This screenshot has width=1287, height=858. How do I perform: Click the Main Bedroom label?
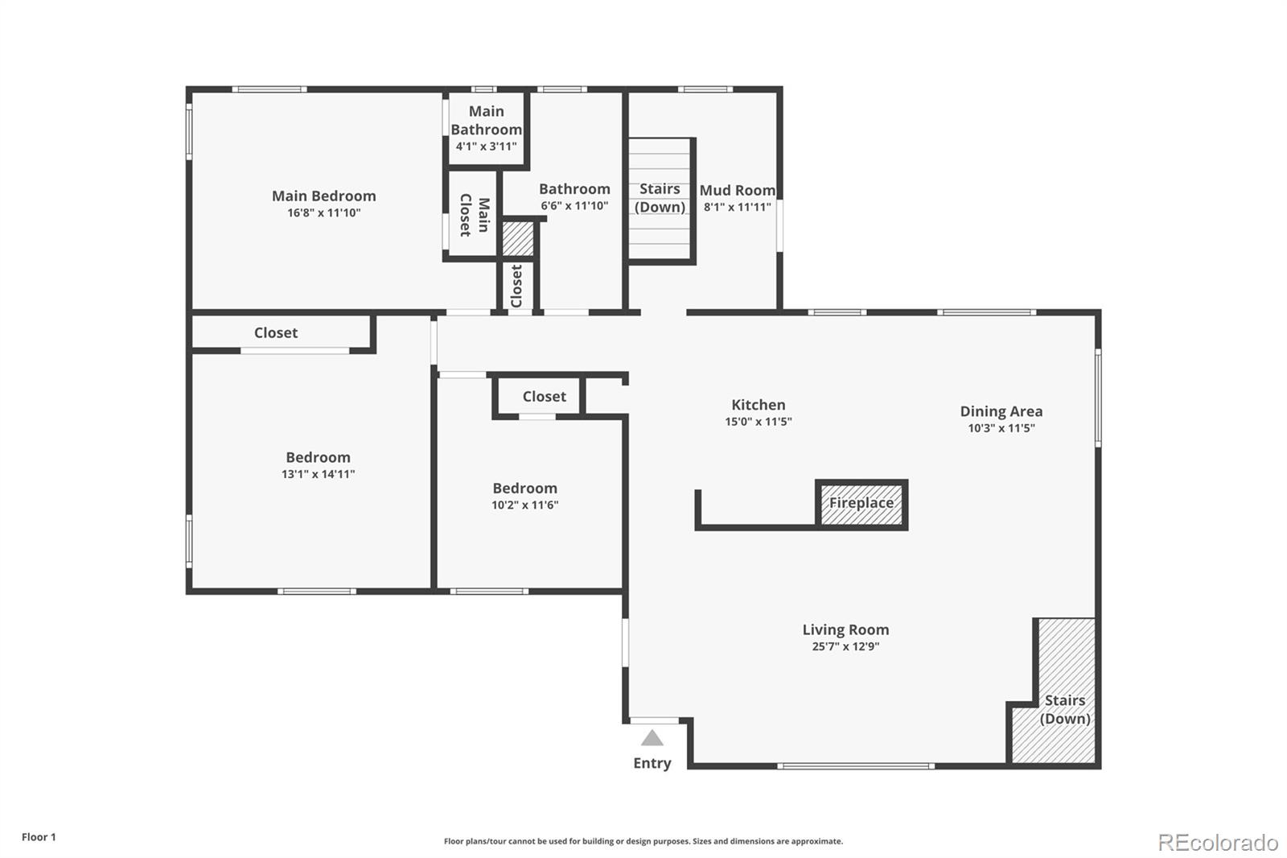[323, 196]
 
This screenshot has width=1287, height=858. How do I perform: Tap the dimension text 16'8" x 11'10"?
[323, 213]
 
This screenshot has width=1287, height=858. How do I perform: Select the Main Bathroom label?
[486, 120]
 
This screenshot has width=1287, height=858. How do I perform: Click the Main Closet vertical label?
[475, 215]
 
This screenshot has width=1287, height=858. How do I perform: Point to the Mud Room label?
[737, 190]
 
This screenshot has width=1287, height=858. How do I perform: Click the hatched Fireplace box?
[861, 504]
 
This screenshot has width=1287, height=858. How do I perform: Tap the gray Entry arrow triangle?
[652, 738]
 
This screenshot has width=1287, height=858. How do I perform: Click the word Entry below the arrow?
[652, 763]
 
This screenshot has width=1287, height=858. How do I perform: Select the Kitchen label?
[758, 405]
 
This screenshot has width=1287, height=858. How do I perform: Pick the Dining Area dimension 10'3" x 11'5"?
[1001, 428]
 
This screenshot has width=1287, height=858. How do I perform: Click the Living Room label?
[845, 629]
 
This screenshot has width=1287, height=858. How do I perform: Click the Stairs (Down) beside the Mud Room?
[660, 197]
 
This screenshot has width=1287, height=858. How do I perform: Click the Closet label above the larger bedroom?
[276, 332]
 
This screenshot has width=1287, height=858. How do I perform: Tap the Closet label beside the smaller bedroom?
[544, 396]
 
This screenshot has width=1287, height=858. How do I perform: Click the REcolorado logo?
[1217, 842]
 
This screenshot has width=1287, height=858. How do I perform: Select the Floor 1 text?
[39, 837]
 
